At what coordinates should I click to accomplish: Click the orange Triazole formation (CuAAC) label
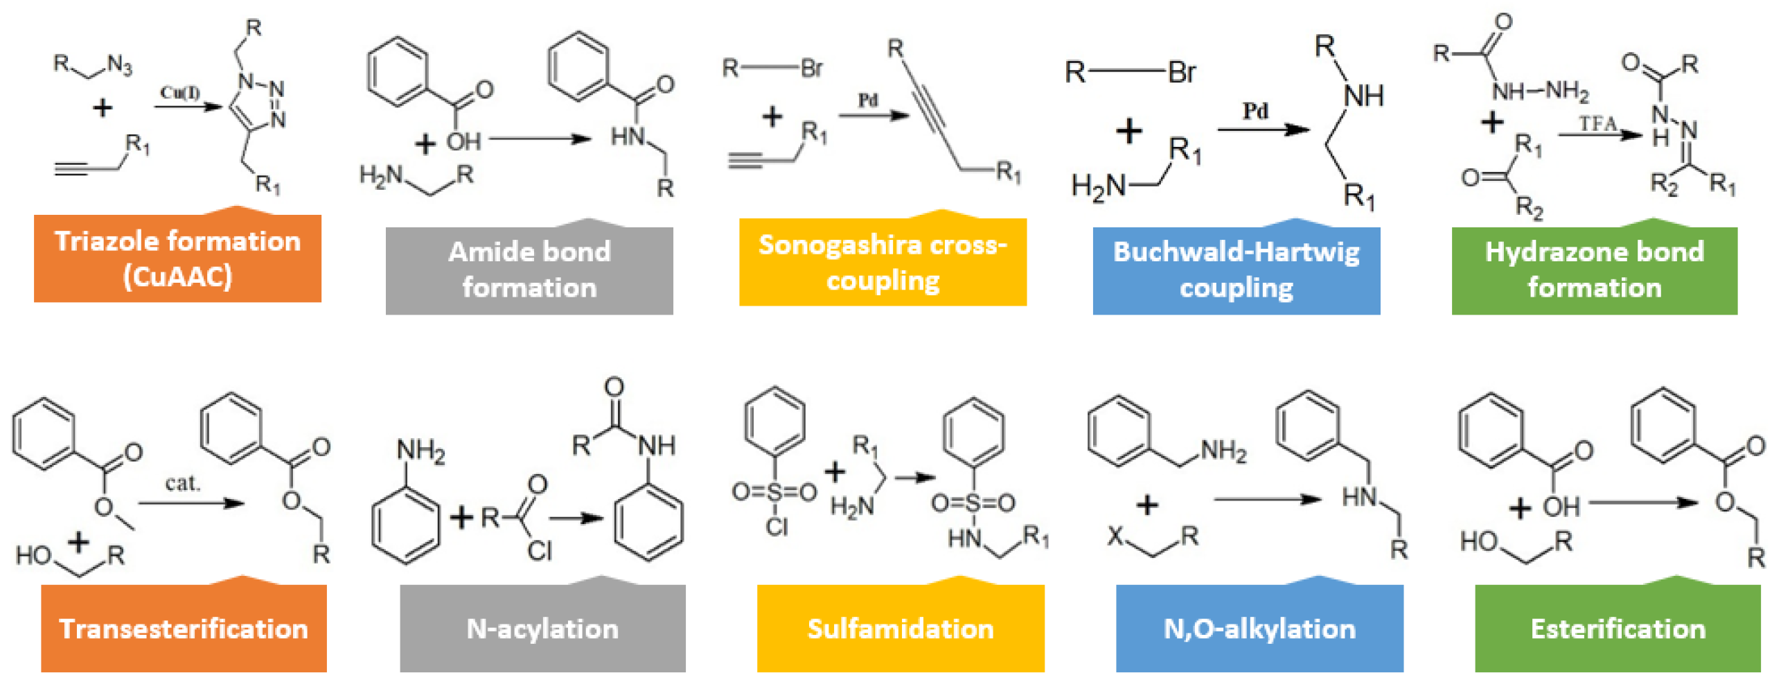pos(177,259)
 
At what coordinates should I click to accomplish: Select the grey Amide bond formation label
pos(529,270)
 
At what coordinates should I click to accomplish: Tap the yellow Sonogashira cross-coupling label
pos(883,262)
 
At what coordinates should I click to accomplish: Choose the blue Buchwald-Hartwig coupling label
pos(1236,270)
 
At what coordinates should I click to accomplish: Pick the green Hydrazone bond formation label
pos(1594,270)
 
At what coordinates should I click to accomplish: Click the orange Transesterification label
pos(184,628)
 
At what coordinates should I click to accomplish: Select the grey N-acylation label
pos(542,628)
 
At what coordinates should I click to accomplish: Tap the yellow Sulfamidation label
pos(901,628)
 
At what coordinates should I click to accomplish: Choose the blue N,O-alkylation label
pos(1259,628)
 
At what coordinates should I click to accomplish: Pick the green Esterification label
pos(1618,628)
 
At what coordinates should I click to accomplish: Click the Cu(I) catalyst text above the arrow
pos(180,93)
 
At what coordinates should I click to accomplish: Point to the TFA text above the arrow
pos(1597,124)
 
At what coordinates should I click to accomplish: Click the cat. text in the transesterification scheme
pos(182,482)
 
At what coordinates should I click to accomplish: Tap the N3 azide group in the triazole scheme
pos(119,65)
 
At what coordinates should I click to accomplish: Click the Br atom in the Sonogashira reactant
pos(811,68)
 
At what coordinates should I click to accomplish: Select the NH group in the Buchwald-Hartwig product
pos(1363,96)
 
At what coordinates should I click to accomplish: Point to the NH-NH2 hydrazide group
pos(1539,91)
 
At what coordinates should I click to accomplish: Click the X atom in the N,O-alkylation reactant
pos(1115,536)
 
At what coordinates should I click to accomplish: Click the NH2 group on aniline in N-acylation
pos(420,451)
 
